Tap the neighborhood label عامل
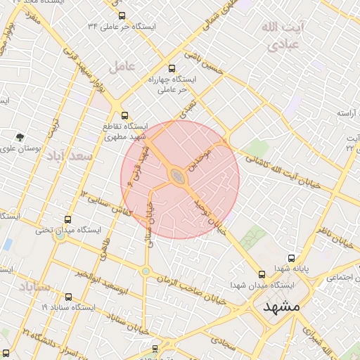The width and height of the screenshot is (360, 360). pyautogui.click(x=122, y=67)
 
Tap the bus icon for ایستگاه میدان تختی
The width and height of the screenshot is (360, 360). pyautogui.click(x=68, y=219)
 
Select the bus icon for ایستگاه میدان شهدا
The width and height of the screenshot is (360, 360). pyautogui.click(x=262, y=274)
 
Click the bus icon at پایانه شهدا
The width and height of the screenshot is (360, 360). pyautogui.click(x=291, y=258)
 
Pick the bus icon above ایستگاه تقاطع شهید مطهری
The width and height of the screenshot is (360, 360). pyautogui.click(x=124, y=115)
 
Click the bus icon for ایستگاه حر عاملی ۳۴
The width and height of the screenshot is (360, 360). pyautogui.click(x=122, y=15)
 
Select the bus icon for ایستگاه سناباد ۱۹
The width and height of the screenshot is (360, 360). pyautogui.click(x=68, y=297)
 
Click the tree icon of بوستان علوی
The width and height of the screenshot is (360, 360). pyautogui.click(x=20, y=137)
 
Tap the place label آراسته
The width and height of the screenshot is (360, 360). pyautogui.click(x=349, y=112)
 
